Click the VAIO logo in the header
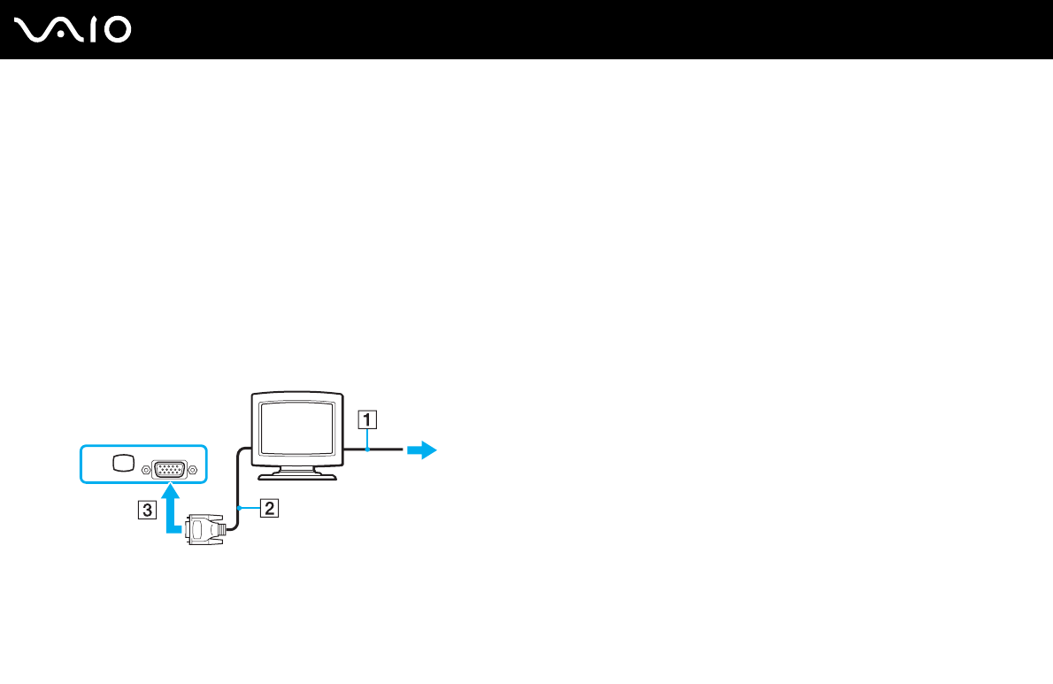click(x=73, y=30)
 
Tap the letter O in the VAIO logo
click(x=115, y=30)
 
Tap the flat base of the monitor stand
click(x=296, y=476)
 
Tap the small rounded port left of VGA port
click(x=125, y=463)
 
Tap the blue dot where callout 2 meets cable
click(x=239, y=508)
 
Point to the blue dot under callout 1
click(x=366, y=450)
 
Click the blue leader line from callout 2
click(x=250, y=508)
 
